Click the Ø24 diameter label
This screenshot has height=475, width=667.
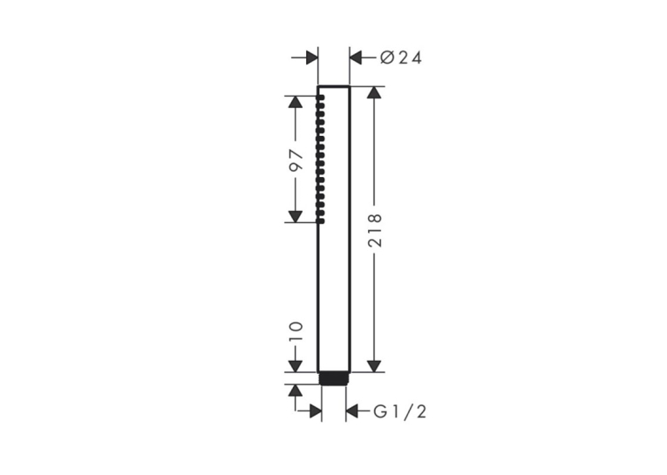pyautogui.click(x=401, y=58)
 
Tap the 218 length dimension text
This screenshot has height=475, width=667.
pyautogui.click(x=375, y=230)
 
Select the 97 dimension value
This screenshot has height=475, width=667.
pyautogui.click(x=296, y=159)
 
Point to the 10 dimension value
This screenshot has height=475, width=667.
pyautogui.click(x=296, y=332)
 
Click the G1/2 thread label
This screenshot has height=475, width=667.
pyautogui.click(x=399, y=411)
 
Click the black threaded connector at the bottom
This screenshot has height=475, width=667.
pyautogui.click(x=334, y=378)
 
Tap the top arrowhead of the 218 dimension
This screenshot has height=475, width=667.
pyautogui.click(x=374, y=93)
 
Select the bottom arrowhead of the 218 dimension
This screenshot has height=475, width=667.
pyautogui.click(x=374, y=366)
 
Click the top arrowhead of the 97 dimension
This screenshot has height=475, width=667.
pyautogui.click(x=296, y=103)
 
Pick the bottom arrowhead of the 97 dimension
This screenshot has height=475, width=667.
pyautogui.click(x=296, y=216)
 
